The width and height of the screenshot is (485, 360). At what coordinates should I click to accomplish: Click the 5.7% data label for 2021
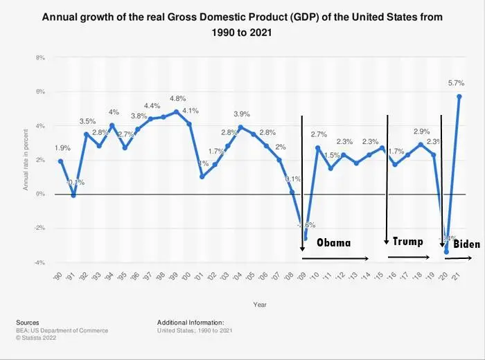pyautogui.click(x=457, y=83)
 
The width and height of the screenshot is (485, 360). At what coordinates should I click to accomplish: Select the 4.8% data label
pyautogui.click(x=178, y=98)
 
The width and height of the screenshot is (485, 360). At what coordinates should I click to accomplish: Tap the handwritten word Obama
pyautogui.click(x=334, y=243)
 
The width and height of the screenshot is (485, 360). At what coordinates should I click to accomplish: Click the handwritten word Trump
pyautogui.click(x=407, y=242)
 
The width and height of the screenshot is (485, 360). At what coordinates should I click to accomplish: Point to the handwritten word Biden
pyautogui.click(x=466, y=244)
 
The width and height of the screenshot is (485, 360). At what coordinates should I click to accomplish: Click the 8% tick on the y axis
pyautogui.click(x=41, y=57)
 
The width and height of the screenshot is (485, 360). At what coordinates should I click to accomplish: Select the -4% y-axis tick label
pyautogui.click(x=39, y=262)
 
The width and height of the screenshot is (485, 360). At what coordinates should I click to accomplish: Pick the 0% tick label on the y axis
pyautogui.click(x=41, y=194)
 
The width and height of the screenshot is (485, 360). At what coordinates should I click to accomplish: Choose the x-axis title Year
pyautogui.click(x=260, y=303)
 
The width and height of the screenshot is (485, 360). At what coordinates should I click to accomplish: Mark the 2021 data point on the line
pyautogui.click(x=459, y=96)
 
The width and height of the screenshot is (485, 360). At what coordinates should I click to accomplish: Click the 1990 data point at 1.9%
pyautogui.click(x=60, y=161)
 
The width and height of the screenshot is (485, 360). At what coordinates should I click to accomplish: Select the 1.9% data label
pyautogui.click(x=61, y=147)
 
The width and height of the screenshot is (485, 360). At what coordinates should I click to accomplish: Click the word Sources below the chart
pyautogui.click(x=27, y=322)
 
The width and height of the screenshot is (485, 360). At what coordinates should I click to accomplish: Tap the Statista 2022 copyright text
pyautogui.click(x=36, y=338)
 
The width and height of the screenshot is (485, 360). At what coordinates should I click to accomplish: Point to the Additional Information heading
pyautogui.click(x=191, y=322)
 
